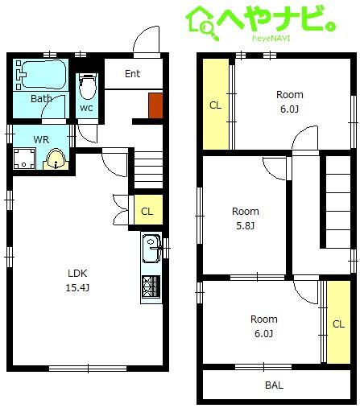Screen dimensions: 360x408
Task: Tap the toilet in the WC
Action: [x=88, y=86]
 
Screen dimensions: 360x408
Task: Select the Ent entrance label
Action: [x=133, y=74]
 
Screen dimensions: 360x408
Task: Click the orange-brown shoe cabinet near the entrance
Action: [x=155, y=105]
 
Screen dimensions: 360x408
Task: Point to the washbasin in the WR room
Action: [x=56, y=160]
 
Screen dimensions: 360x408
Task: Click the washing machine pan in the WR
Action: [x=24, y=159]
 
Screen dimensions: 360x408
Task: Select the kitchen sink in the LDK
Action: [x=151, y=249]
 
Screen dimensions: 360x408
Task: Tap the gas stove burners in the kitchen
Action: [x=151, y=286]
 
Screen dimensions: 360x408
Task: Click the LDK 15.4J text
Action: [x=77, y=280]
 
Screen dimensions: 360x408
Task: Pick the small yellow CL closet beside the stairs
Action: [x=148, y=210]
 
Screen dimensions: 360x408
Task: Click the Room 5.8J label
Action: [x=246, y=218]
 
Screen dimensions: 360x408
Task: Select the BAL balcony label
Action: [x=274, y=385]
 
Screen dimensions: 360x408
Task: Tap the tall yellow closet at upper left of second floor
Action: [x=216, y=104]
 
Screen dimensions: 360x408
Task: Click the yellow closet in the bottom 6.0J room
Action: [x=338, y=322]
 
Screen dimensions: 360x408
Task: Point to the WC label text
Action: [x=86, y=108]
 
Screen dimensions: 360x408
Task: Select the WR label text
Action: [x=41, y=140]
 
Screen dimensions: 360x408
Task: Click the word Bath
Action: [x=41, y=99]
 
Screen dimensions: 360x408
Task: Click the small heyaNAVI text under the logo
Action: [x=271, y=38]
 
